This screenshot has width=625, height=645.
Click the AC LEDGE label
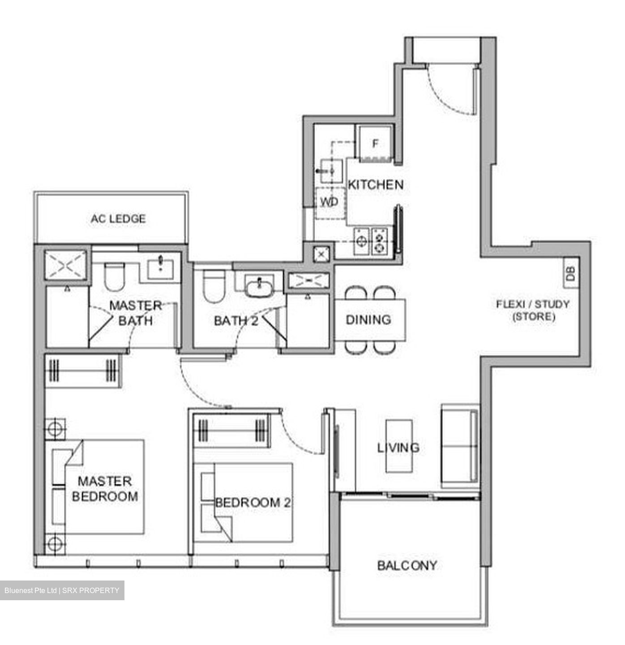tap(118, 219)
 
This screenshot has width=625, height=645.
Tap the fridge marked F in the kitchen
tap(375, 143)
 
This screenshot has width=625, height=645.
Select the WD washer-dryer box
tap(330, 202)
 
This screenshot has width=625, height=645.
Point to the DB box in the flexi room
tap(570, 273)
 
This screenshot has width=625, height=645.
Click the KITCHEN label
tap(375, 185)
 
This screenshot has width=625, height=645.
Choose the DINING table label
tap(368, 320)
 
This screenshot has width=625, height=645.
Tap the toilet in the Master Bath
tap(113, 277)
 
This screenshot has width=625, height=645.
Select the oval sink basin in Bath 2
tap(259, 286)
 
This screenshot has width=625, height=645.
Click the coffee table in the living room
tap(399, 446)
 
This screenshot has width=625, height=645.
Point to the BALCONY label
tap(407, 565)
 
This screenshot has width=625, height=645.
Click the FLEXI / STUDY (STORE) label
tap(533, 310)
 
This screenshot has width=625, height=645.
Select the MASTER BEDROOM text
tap(105, 488)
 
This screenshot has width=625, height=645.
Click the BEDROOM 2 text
tap(253, 503)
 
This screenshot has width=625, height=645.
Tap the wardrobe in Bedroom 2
tap(231, 431)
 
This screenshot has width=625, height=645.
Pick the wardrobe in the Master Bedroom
tap(83, 370)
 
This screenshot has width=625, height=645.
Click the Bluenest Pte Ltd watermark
tap(62, 590)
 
